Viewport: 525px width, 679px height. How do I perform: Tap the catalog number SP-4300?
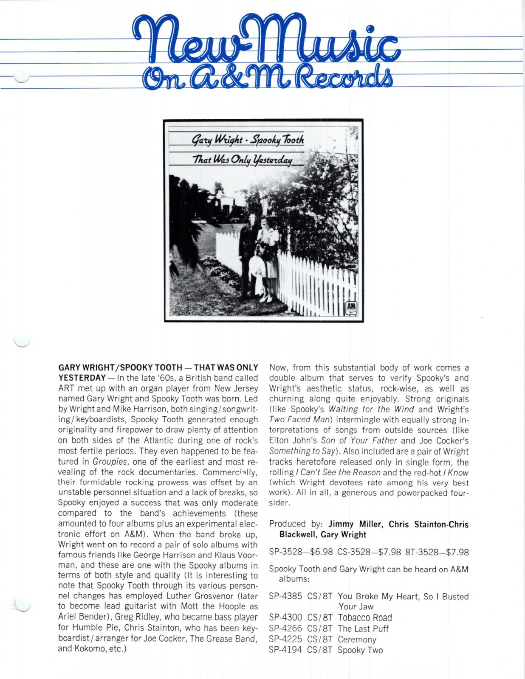(x=285, y=617)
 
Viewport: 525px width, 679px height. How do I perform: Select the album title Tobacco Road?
(x=364, y=617)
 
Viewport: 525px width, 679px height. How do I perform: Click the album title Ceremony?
(x=357, y=640)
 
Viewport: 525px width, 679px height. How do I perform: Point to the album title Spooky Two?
(x=360, y=650)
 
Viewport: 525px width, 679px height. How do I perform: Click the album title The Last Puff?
(x=363, y=628)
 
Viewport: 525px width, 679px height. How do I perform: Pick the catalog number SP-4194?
(x=285, y=650)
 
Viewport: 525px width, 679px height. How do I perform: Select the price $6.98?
(x=321, y=552)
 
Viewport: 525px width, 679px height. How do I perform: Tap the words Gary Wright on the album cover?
(x=217, y=140)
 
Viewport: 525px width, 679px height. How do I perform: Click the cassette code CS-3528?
(x=355, y=552)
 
